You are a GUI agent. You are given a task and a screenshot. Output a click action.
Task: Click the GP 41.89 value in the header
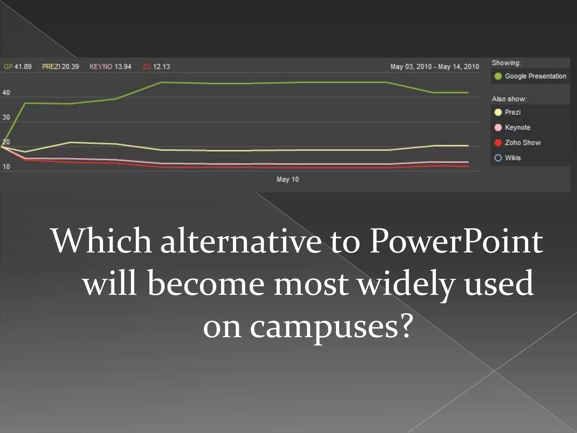(17, 67)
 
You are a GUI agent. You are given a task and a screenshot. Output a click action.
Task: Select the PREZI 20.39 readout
(61, 67)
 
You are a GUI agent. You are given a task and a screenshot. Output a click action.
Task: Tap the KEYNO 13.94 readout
(110, 67)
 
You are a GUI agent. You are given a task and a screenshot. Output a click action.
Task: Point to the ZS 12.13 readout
(156, 67)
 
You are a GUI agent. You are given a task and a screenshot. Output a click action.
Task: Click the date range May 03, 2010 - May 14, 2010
(434, 67)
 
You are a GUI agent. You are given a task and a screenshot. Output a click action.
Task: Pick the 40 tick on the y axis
(6, 93)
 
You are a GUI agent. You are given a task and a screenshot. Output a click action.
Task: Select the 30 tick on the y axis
(6, 117)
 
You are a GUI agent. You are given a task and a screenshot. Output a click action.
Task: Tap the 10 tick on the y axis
(6, 167)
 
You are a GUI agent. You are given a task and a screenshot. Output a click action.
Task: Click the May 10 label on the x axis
(288, 180)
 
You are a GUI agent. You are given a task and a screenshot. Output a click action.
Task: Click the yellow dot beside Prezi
(498, 112)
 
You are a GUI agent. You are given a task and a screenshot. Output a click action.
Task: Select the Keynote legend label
(518, 127)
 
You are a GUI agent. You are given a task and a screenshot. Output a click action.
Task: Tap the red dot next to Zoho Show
(498, 143)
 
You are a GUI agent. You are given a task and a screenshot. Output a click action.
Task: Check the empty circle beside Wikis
(498, 158)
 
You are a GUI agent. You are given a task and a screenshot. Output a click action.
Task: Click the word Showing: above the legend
(506, 63)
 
